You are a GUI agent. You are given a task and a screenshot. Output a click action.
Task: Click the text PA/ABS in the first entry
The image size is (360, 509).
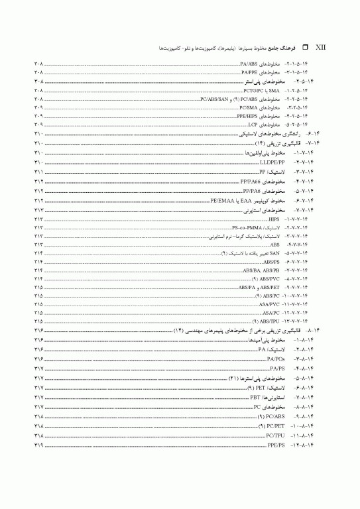tap(249, 63)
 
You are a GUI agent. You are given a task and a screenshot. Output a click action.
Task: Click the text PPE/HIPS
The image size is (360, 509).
tap(248, 115)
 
